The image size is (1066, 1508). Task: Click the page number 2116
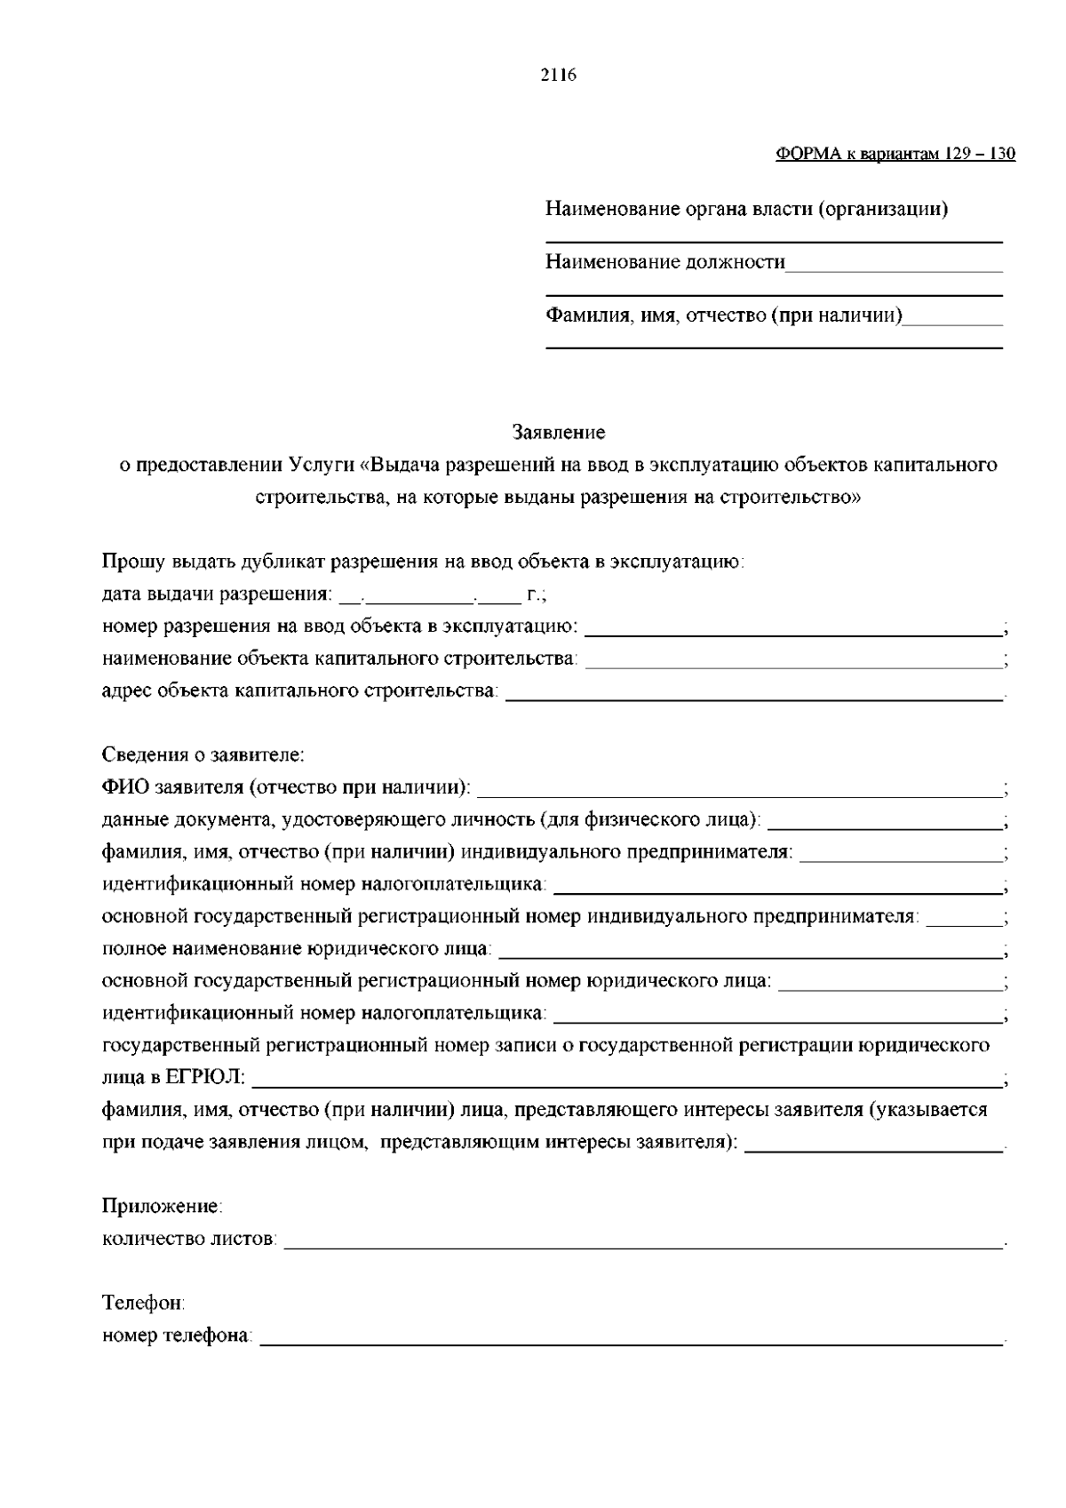tap(559, 76)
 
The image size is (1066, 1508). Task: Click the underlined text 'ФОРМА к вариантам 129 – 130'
tap(895, 154)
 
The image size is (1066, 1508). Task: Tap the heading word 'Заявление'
tap(559, 432)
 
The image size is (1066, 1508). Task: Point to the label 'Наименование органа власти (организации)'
tap(746, 210)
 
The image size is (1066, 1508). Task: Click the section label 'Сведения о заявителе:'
tap(203, 755)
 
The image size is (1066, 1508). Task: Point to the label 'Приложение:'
tap(163, 1206)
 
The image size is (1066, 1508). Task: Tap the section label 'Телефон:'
tap(144, 1303)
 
